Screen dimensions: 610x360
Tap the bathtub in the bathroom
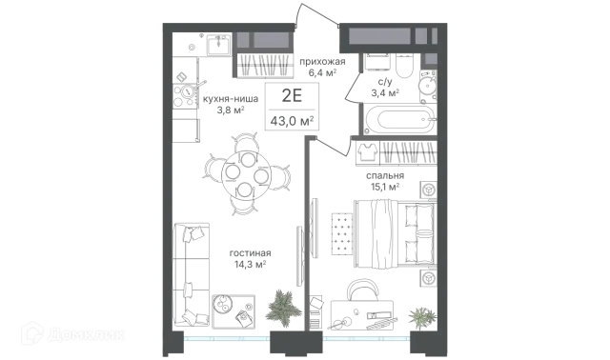pos(398,119)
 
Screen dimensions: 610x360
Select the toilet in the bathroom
pos(404,67)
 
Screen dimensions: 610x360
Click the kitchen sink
pos(219,45)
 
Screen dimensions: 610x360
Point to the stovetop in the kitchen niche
pos(185,95)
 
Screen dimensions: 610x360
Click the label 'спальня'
pos(385,176)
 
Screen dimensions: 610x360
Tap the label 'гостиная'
pos(250,253)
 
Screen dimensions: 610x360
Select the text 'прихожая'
pos(322,61)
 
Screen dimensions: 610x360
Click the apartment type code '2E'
pos(292,95)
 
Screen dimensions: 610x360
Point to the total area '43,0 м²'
pos(292,121)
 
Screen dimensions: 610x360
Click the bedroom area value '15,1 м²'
pos(385,188)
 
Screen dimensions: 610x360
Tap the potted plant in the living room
pos(283,305)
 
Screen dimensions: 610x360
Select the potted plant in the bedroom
pos(422,317)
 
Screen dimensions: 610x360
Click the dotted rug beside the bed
pos(342,233)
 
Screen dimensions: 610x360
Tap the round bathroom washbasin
pos(428,84)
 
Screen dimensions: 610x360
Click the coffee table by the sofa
pos(234,311)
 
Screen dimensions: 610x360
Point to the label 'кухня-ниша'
pos(231,99)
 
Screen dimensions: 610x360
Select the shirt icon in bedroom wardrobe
pos(367,151)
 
